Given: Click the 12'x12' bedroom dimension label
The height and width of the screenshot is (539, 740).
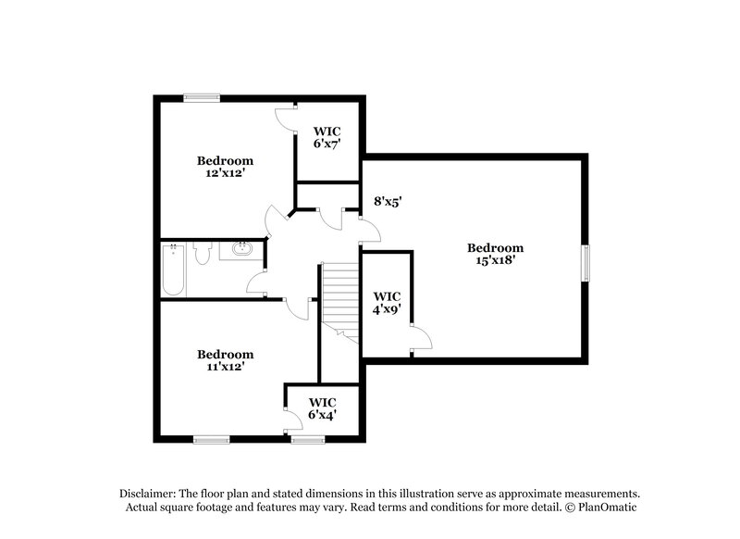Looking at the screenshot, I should [225, 172].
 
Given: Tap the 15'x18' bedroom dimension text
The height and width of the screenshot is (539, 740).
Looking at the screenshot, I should [495, 261].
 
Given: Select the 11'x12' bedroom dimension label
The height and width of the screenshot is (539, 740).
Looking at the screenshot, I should [225, 367].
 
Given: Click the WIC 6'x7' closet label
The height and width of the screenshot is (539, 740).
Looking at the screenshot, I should [327, 144].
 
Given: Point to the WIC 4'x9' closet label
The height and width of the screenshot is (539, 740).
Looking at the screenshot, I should [388, 311].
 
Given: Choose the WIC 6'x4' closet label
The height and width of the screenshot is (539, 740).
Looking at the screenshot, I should [322, 415].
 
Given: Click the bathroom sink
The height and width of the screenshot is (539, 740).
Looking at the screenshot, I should [243, 248].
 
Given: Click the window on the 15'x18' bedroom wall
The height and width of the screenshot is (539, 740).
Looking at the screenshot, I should [585, 262].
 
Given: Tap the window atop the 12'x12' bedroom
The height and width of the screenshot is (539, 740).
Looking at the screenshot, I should [201, 96].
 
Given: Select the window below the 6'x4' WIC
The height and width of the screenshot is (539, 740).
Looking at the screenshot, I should [305, 439].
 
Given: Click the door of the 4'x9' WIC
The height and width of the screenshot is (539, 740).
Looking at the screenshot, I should [419, 339].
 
